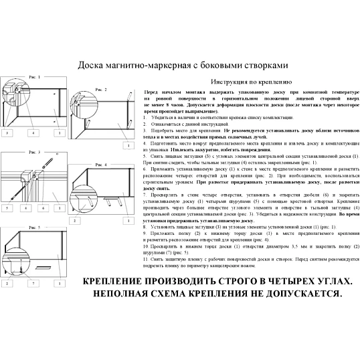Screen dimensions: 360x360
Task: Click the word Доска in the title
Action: point(94,66)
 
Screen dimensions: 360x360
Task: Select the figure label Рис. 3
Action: point(33,153)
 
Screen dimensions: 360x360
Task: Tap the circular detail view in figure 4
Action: point(80,179)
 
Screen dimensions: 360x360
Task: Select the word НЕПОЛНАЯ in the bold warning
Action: point(124,293)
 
